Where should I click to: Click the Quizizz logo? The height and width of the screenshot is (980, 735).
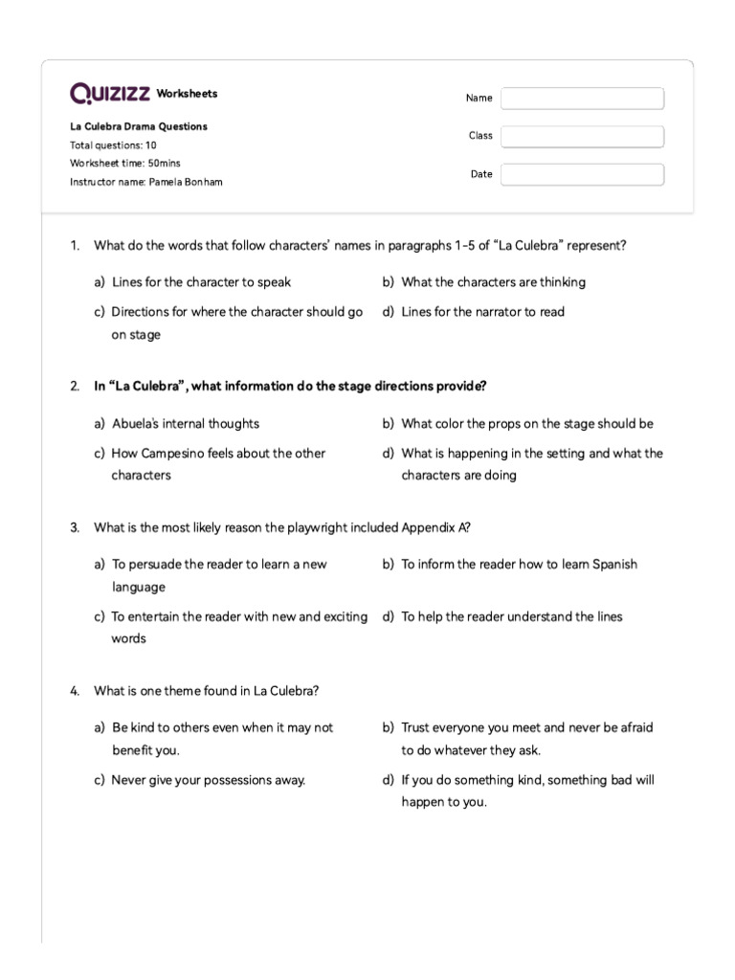point(110,94)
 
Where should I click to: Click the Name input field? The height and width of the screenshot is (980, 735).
point(582,99)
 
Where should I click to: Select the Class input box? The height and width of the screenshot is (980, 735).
point(582,137)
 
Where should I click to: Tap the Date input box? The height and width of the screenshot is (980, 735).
point(582,175)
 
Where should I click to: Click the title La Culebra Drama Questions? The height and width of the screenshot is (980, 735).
point(139,126)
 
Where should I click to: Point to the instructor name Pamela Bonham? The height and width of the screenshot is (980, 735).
point(145,182)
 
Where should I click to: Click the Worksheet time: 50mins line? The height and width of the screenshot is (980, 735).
point(124,164)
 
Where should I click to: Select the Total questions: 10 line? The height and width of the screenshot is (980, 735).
point(113,145)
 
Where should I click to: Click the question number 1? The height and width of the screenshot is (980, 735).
point(75,246)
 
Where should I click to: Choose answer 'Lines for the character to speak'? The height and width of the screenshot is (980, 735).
point(201,282)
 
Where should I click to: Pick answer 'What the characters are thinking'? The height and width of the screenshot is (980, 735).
point(493,282)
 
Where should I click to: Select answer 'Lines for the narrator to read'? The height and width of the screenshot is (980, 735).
point(482,312)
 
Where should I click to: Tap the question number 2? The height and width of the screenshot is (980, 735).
point(75,387)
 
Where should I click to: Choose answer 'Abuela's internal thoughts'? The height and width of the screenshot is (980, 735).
point(185,424)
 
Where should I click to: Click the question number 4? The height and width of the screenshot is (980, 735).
point(75,691)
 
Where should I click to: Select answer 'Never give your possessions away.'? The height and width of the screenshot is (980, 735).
point(208,780)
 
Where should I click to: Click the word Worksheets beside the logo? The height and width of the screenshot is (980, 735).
point(187,94)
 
